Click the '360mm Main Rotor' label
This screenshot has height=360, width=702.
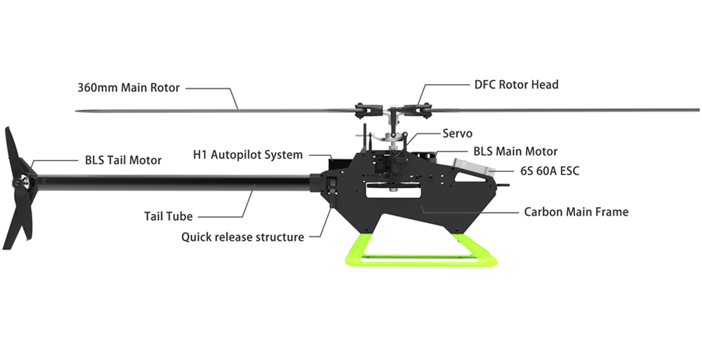tap(128, 88)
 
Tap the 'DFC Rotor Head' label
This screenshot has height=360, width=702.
tap(516, 85)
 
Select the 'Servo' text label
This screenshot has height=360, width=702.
tap(457, 133)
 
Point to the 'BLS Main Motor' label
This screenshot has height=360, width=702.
tap(515, 151)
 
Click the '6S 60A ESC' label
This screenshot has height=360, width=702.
tap(550, 171)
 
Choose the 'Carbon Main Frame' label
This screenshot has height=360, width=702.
tap(576, 211)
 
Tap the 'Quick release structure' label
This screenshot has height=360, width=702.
tap(243, 237)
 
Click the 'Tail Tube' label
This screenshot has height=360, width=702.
tap(168, 216)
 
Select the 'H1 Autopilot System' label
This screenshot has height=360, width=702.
tap(248, 154)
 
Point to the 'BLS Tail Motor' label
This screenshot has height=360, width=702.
tap(124, 160)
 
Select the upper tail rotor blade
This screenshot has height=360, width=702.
tap(16, 151)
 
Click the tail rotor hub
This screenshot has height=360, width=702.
tap(23, 182)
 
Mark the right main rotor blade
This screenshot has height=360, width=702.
tap(562, 109)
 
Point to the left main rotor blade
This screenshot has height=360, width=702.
tap(211, 110)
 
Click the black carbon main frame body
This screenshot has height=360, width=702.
tap(414, 204)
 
